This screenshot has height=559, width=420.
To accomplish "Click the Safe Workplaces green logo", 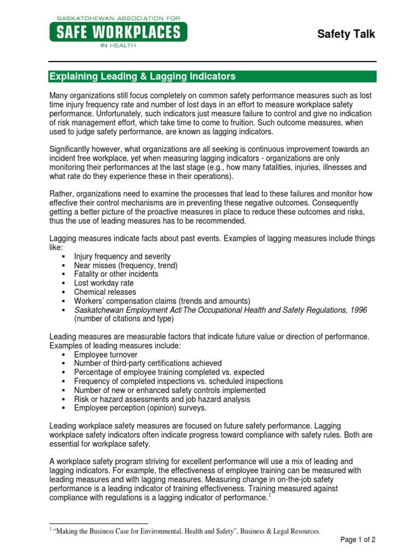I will click(x=118, y=32).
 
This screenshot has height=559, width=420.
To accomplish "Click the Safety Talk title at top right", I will click(x=346, y=34).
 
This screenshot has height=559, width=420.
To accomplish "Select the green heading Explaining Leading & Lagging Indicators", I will click(x=143, y=76).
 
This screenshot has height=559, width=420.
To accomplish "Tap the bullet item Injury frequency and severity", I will click(x=122, y=256).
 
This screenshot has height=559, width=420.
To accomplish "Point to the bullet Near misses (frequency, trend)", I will click(x=126, y=265).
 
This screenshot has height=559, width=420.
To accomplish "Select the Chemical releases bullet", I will click(x=106, y=292).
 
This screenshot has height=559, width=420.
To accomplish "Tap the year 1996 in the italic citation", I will click(x=358, y=310).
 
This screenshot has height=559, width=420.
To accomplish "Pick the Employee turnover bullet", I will click(x=106, y=354).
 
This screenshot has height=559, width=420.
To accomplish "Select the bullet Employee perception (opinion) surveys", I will click(x=141, y=408).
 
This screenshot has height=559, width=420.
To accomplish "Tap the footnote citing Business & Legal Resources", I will click(x=186, y=531).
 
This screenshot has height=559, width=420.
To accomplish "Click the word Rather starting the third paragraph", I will click(x=61, y=194).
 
